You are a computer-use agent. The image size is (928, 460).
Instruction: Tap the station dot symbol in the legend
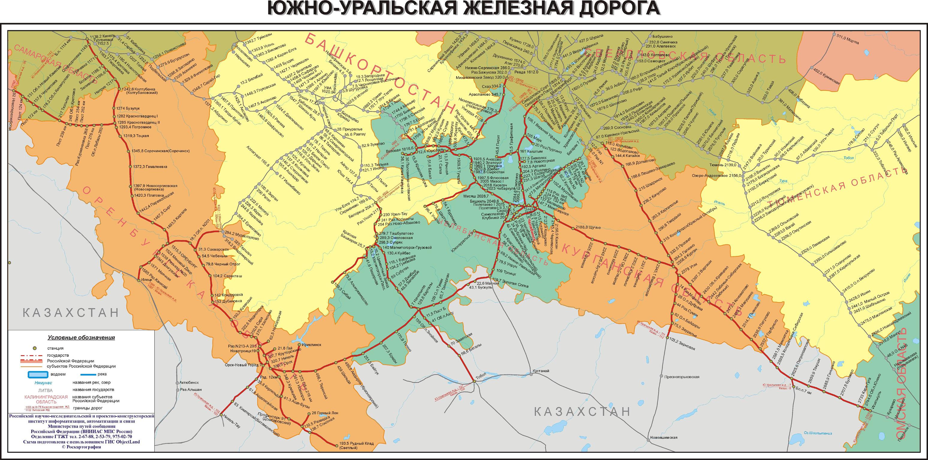[x=35, y=348]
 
